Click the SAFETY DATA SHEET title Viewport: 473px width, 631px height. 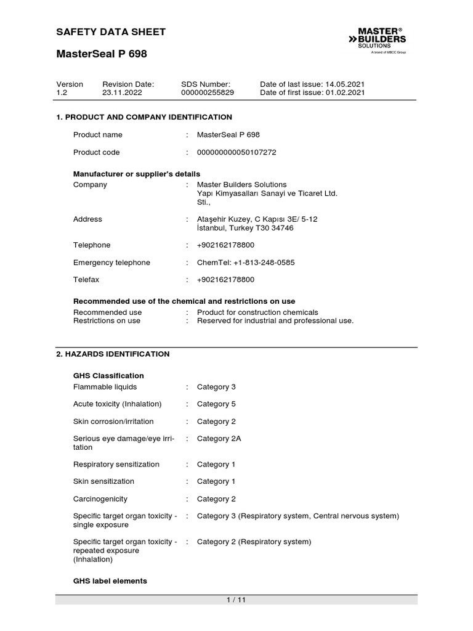(x=111, y=32)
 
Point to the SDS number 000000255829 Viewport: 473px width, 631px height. (x=208, y=92)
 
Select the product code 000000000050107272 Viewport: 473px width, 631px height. (x=236, y=152)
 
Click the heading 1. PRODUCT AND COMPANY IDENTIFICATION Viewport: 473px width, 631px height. (x=144, y=117)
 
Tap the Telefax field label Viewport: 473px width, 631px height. (x=86, y=280)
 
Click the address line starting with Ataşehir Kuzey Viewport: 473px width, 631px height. (x=257, y=219)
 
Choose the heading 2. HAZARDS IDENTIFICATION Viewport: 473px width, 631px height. (x=113, y=354)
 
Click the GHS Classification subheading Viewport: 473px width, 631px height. (x=108, y=376)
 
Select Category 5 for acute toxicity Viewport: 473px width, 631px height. (x=216, y=404)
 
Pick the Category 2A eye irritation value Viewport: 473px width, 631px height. (x=219, y=439)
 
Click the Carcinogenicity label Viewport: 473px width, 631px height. (x=100, y=499)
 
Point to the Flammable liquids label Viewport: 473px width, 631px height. (x=105, y=387)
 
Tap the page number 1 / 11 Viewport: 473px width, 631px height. (x=236, y=600)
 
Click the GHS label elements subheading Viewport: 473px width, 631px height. (x=110, y=581)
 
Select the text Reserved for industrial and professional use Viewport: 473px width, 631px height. (x=275, y=320)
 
